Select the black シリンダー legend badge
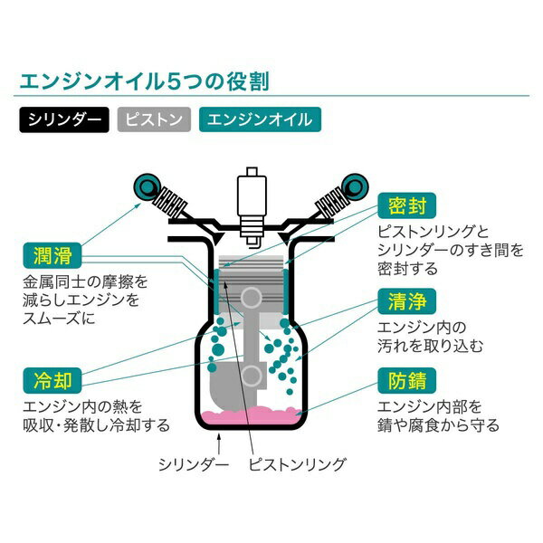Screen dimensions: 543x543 63,119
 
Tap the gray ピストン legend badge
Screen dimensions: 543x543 155,119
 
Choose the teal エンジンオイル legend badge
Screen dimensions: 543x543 259,119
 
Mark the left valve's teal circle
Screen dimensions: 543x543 144,186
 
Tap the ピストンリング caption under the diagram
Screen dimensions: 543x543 298,464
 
